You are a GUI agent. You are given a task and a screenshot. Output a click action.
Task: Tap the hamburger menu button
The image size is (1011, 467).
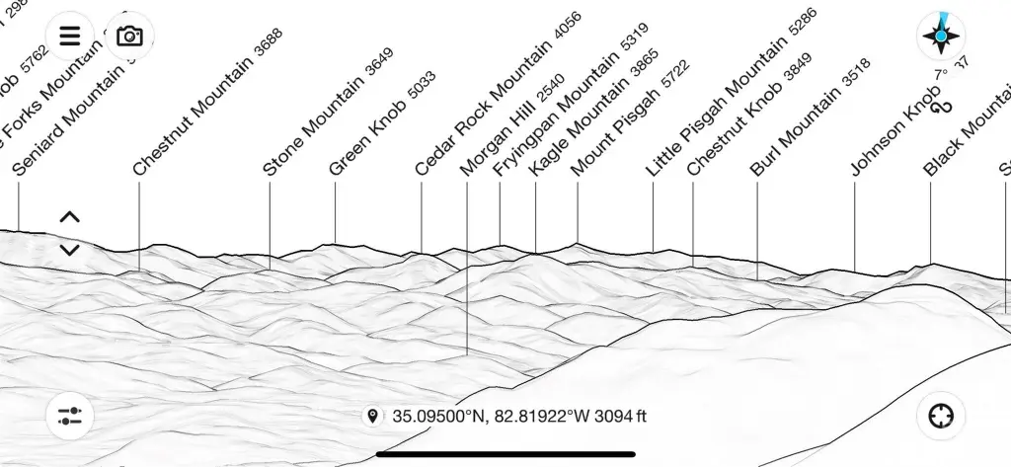[69, 37]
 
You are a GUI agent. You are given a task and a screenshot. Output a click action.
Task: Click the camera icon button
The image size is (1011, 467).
[129, 37]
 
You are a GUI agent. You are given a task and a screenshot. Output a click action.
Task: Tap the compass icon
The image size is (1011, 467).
[941, 37]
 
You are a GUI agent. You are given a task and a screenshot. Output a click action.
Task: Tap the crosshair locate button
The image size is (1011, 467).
[941, 416]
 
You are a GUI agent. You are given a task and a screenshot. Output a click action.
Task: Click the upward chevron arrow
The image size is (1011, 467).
[69, 217]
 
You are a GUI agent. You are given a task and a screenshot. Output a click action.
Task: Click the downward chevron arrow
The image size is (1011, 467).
[69, 250]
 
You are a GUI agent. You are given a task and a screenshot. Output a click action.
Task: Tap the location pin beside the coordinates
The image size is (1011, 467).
[372, 417]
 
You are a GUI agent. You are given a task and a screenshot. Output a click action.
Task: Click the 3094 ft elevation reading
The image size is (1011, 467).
[621, 417]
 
